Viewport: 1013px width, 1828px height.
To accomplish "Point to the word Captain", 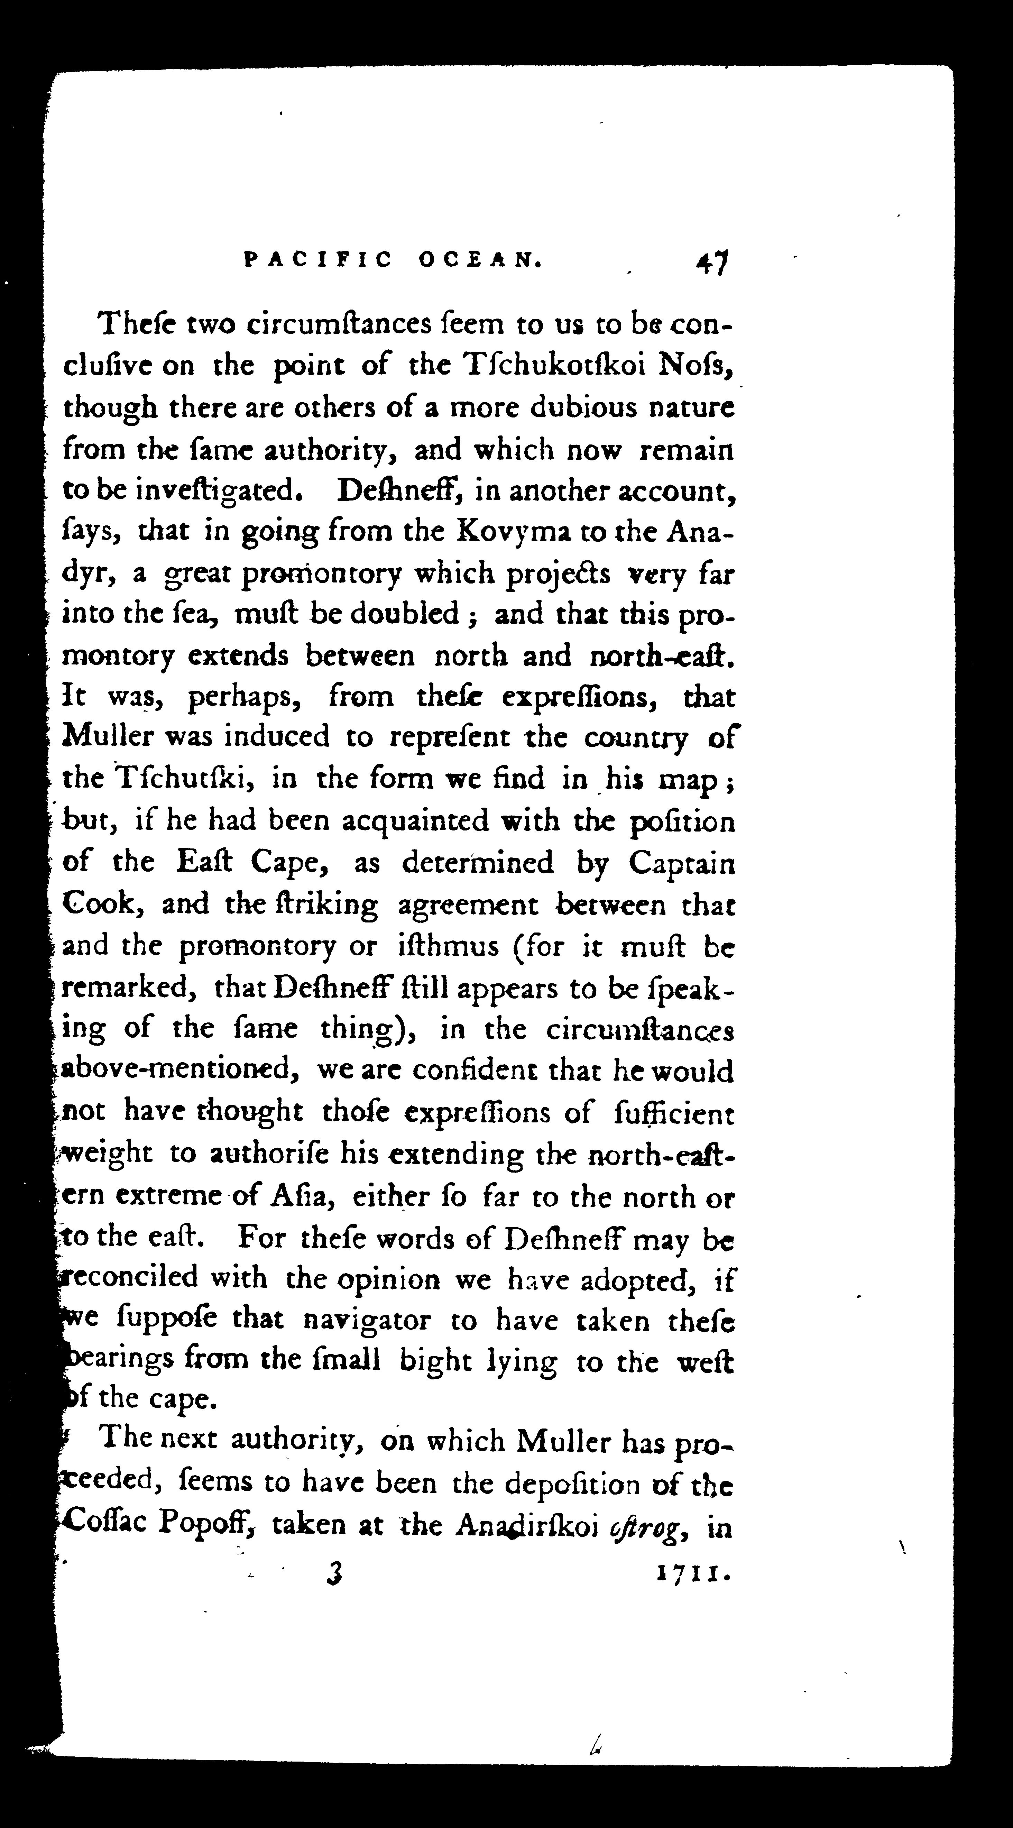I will pos(681,864).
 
